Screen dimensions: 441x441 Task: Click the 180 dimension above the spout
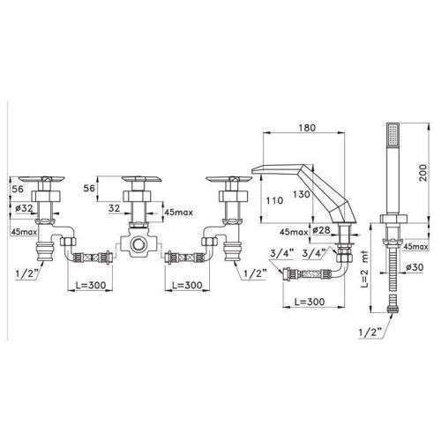307,128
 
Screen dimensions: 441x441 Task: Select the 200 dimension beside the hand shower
422,173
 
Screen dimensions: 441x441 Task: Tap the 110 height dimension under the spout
274,201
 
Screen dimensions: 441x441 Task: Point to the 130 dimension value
302,194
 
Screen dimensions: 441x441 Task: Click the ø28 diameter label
321,230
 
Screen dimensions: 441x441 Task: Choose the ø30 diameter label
415,267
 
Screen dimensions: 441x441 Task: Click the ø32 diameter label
24,208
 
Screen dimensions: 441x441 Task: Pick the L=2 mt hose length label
364,269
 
